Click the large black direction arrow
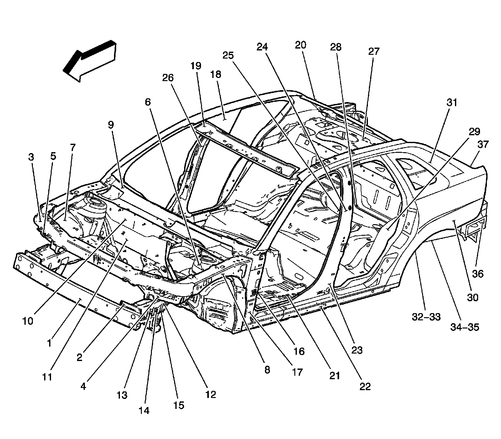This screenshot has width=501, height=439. point(89,61)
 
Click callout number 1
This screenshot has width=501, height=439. point(49,343)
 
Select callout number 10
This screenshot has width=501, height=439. point(28,321)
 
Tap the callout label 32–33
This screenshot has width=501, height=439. point(426,317)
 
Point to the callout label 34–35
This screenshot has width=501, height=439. point(465,327)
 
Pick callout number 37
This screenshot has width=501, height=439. point(483,145)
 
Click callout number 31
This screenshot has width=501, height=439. point(452,103)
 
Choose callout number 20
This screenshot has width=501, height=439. point(300,45)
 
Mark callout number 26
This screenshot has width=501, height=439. point(168,78)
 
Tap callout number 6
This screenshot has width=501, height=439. point(147,102)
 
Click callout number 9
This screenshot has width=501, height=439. point(111,125)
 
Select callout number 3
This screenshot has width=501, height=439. point(31,157)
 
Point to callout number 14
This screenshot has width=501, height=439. point(144,411)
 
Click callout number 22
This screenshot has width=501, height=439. point(365,386)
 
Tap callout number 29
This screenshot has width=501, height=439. point(474,132)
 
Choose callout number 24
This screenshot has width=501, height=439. point(262,47)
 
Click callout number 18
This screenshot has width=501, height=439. point(216,75)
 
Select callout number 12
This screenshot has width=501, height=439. point(211,394)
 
